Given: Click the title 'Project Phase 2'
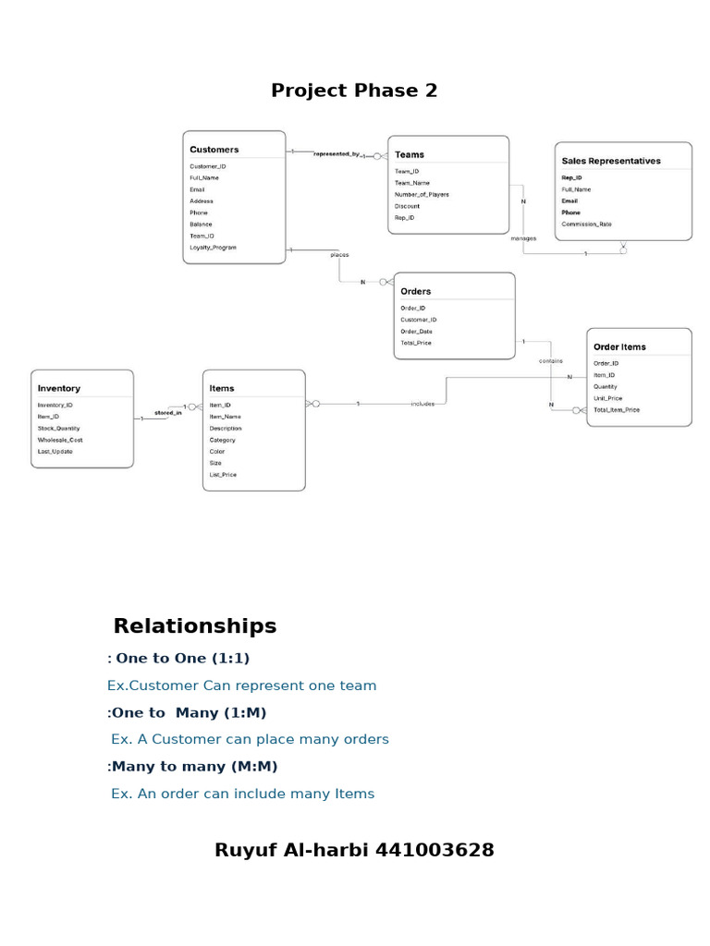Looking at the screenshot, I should pos(354,91).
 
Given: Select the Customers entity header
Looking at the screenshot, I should pos(214,150).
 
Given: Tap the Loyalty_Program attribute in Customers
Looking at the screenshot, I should pos(213,248).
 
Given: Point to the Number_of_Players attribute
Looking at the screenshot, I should pos(422,195).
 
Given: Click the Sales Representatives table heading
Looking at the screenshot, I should pos(611,161).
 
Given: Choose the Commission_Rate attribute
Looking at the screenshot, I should pos(586,224).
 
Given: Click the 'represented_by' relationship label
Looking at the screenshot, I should pos(337,153).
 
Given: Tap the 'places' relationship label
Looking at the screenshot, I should pos(339,255).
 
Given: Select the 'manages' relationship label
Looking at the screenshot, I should pos(523,238).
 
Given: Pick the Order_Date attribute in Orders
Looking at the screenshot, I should pos(416,332).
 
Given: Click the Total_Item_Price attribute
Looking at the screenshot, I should pos(616,409).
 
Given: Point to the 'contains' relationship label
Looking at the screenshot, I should pos(551,361).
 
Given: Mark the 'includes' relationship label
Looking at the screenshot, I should pos(422,404).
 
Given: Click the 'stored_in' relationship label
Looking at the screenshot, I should pos(168,413).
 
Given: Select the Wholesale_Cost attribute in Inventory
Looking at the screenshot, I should pos(60,440).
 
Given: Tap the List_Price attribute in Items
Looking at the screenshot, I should pos(223,475).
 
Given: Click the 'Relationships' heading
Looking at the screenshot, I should pos(195,626).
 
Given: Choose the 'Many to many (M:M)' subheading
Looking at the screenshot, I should pos(194,767).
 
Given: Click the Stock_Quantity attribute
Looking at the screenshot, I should pos(58,429).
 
